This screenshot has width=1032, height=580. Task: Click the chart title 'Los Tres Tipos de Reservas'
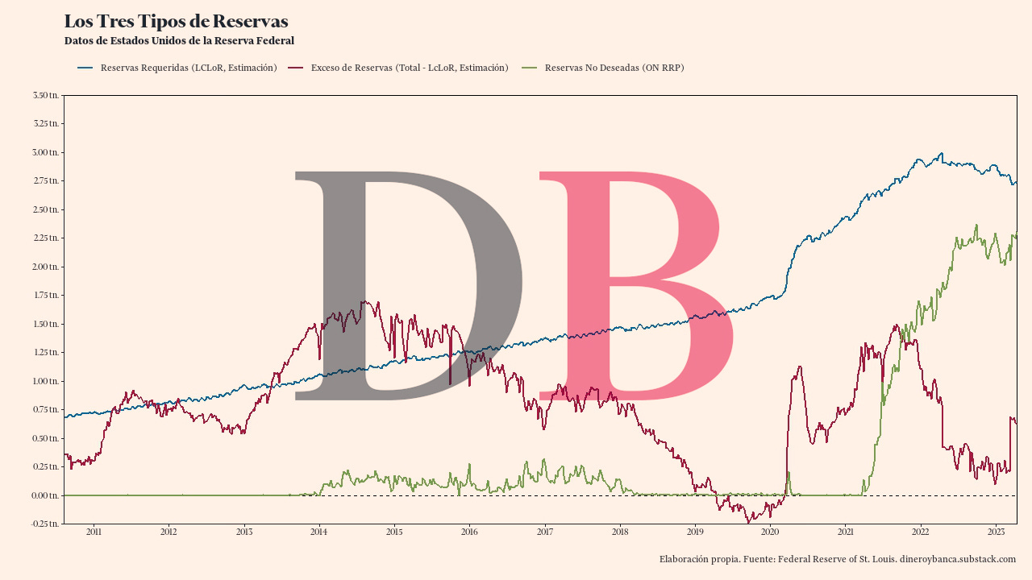click(x=176, y=22)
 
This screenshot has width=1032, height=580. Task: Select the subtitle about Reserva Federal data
click(x=179, y=40)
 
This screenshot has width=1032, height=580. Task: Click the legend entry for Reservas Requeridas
click(x=188, y=68)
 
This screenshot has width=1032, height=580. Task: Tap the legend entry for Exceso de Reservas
click(x=409, y=68)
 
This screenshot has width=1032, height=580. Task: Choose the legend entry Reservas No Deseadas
click(x=614, y=68)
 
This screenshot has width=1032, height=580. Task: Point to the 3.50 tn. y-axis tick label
click(x=45, y=95)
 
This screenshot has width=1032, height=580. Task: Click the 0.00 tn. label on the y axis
click(x=45, y=495)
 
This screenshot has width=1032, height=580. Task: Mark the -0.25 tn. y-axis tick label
click(x=44, y=524)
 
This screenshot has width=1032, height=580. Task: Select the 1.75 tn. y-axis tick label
click(x=45, y=296)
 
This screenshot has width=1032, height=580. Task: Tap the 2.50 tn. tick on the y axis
click(x=45, y=209)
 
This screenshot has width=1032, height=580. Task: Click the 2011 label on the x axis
click(x=94, y=532)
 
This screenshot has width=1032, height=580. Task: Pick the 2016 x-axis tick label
click(x=469, y=532)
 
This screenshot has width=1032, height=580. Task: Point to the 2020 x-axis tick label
click(x=770, y=532)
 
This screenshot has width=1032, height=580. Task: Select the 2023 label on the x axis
click(x=996, y=532)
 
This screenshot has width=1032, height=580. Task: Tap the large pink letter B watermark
click(x=637, y=286)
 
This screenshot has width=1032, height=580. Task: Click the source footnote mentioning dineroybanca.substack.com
click(x=837, y=559)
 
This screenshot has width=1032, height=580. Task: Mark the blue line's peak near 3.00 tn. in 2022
click(x=940, y=153)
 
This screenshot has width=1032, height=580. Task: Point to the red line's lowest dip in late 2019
click(x=749, y=522)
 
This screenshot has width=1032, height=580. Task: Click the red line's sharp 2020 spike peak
click(x=799, y=367)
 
